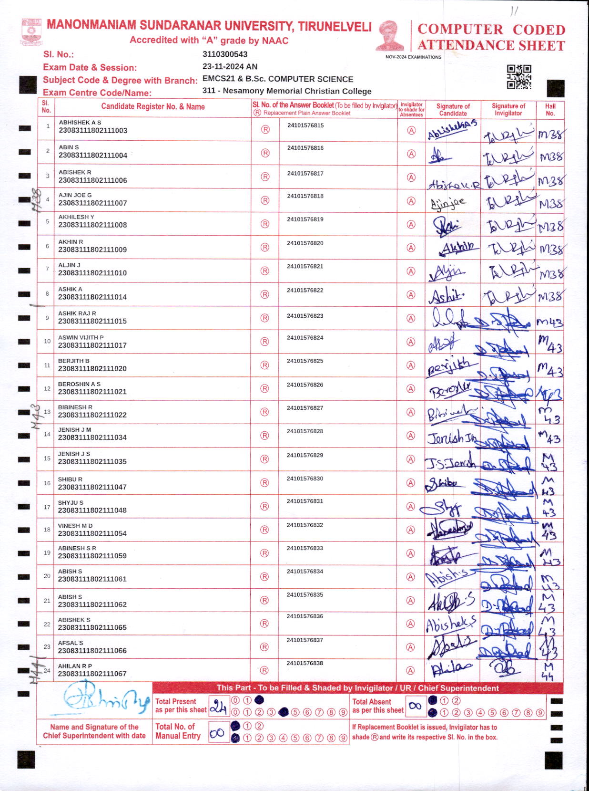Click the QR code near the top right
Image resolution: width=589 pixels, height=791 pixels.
[519, 77]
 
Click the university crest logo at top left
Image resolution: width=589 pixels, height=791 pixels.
[31, 32]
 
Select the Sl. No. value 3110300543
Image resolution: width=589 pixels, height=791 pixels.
[225, 54]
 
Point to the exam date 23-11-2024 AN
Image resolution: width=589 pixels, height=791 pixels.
[230, 67]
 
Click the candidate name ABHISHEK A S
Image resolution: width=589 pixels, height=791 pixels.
[80, 123]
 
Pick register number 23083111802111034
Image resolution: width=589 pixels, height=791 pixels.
[92, 437]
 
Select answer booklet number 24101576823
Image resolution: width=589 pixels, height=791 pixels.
[305, 316]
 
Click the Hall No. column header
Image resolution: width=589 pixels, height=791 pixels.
[550, 110]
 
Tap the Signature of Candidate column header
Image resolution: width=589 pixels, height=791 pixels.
[453, 110]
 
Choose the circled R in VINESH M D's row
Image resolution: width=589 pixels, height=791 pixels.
[264, 530]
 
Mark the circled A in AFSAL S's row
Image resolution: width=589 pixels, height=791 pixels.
[410, 647]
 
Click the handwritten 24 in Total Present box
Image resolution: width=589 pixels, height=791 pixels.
[218, 707]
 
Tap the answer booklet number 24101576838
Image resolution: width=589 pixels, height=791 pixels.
[305, 663]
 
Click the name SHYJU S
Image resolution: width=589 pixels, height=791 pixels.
[71, 503]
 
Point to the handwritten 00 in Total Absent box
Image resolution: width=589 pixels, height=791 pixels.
[415, 706]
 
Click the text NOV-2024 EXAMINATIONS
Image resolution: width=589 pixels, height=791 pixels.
[413, 57]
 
